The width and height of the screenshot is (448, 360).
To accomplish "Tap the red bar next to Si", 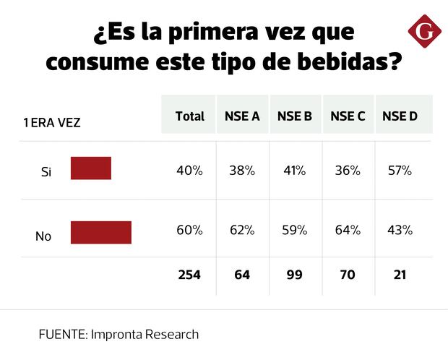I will coord(91,168).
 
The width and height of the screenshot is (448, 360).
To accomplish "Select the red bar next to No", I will coord(101,233).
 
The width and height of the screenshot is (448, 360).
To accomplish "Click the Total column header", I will coord(189,116).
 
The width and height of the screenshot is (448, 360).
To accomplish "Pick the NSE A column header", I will coord(242,116).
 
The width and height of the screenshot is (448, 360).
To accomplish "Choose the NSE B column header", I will coord(295,116).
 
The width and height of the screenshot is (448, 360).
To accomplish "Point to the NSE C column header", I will coord(348,116).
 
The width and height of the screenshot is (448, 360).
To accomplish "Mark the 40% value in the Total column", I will coord(189,171).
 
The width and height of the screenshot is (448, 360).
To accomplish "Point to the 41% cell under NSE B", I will coord(295,171).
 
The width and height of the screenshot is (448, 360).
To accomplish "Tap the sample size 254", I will coord(189,275).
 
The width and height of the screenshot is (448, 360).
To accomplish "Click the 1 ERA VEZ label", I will coord(51,123).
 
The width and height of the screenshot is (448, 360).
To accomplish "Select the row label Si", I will coord(46,172).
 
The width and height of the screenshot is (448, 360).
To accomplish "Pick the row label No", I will coord(43,236).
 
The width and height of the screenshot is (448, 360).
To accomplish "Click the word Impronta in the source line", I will coord(121,335).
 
